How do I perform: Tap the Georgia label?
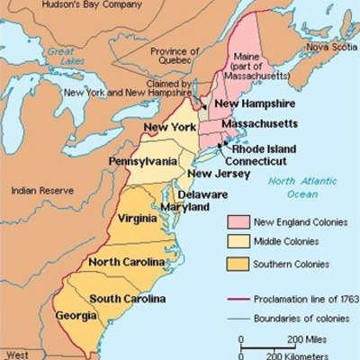click(x=78, y=317)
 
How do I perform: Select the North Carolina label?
click(x=126, y=262)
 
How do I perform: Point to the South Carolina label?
click(x=126, y=299)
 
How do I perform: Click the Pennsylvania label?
click(x=143, y=162)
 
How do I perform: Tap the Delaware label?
click(x=202, y=194)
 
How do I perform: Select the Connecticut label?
click(x=255, y=161)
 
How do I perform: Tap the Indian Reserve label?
click(x=41, y=191)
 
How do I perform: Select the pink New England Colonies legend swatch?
click(x=238, y=221)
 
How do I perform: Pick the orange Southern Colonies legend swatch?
click(x=238, y=265)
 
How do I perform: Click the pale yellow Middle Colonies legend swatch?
click(x=238, y=243)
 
